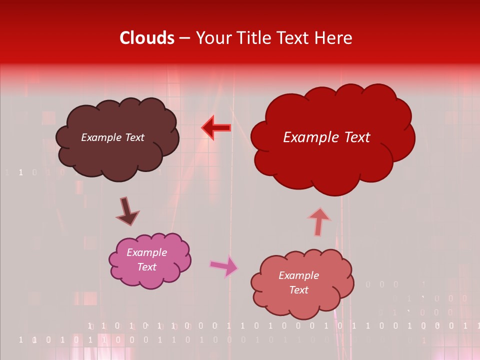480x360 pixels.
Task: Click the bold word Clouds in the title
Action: click(147, 38)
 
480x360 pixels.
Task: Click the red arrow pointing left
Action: click(216, 128)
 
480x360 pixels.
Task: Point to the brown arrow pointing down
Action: click(127, 211)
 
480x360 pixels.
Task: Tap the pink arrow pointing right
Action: click(224, 266)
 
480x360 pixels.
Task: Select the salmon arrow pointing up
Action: click(318, 221)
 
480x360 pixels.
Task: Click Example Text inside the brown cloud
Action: click(112, 137)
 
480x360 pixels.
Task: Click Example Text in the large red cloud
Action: click(326, 137)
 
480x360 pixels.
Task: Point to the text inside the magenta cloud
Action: click(146, 259)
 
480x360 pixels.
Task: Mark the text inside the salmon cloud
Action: click(298, 282)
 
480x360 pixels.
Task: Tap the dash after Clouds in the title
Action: click(184, 38)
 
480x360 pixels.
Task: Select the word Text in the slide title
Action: click(292, 38)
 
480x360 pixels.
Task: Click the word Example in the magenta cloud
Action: click(146, 252)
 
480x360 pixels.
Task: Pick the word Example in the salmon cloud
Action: click(298, 275)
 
